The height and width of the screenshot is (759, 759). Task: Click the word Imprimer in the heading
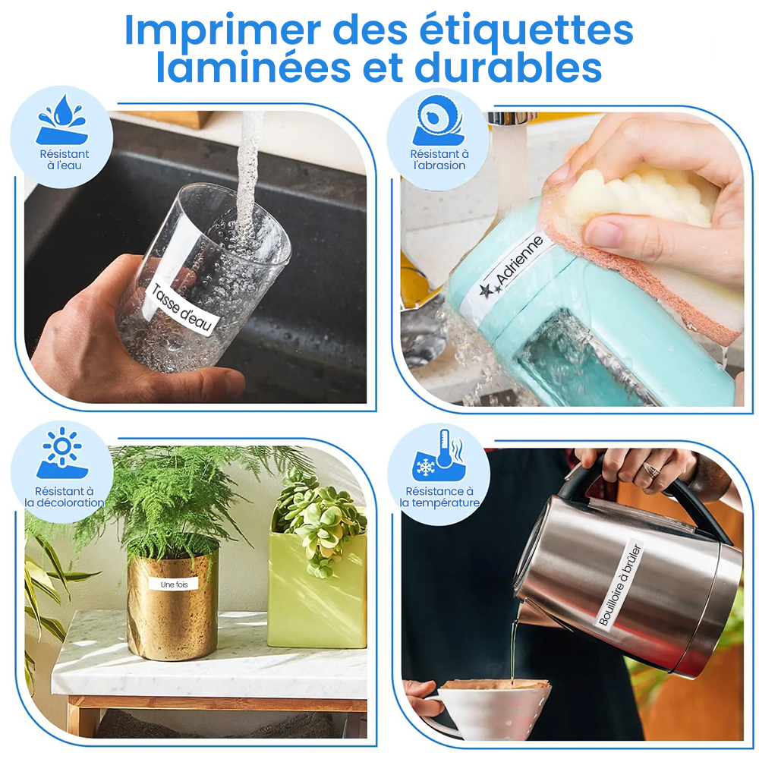tap(222, 30)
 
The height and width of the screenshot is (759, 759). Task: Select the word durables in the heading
tap(509, 68)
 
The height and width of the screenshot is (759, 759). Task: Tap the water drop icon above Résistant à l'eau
tap(62, 120)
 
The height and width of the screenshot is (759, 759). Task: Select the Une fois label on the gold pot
tap(175, 584)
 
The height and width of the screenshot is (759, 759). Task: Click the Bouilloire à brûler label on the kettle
tap(621, 584)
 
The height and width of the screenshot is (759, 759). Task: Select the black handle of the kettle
tap(649, 489)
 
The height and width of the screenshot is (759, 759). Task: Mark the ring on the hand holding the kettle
tap(651, 470)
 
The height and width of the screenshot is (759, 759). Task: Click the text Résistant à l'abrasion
tap(439, 159)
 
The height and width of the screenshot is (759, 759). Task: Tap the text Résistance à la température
tap(439, 497)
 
